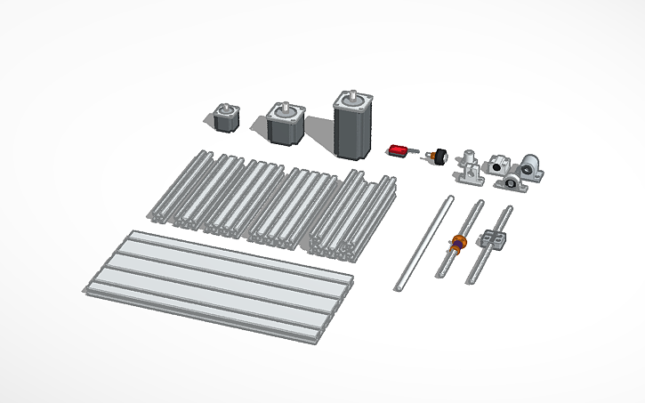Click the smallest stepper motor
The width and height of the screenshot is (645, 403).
(x=226, y=119)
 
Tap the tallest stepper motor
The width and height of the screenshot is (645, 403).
(x=354, y=125)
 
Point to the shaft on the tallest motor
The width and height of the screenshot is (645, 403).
(x=354, y=91)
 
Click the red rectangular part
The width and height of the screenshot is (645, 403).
(x=399, y=150)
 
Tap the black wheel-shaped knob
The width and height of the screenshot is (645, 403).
(x=438, y=157)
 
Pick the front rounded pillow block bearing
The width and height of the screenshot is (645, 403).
(x=512, y=181)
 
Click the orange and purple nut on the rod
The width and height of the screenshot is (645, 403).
(x=459, y=240)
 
